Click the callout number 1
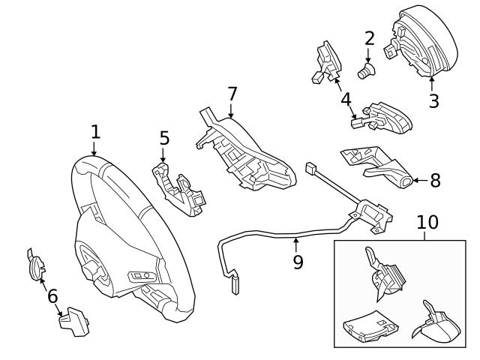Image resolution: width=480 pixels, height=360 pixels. [x=95, y=133]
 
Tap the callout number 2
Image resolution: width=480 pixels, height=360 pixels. [x=369, y=37]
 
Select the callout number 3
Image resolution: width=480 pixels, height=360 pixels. [x=433, y=100]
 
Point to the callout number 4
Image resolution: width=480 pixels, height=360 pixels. [x=345, y=98]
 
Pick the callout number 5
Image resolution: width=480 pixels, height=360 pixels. [x=164, y=139]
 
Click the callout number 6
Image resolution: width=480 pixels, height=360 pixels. [x=52, y=297]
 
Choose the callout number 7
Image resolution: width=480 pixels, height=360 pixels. [x=232, y=94]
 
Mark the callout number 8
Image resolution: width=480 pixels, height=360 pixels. [x=435, y=181]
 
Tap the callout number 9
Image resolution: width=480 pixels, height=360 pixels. [x=298, y=262]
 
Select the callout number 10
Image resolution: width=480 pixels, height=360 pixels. [x=427, y=223]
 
